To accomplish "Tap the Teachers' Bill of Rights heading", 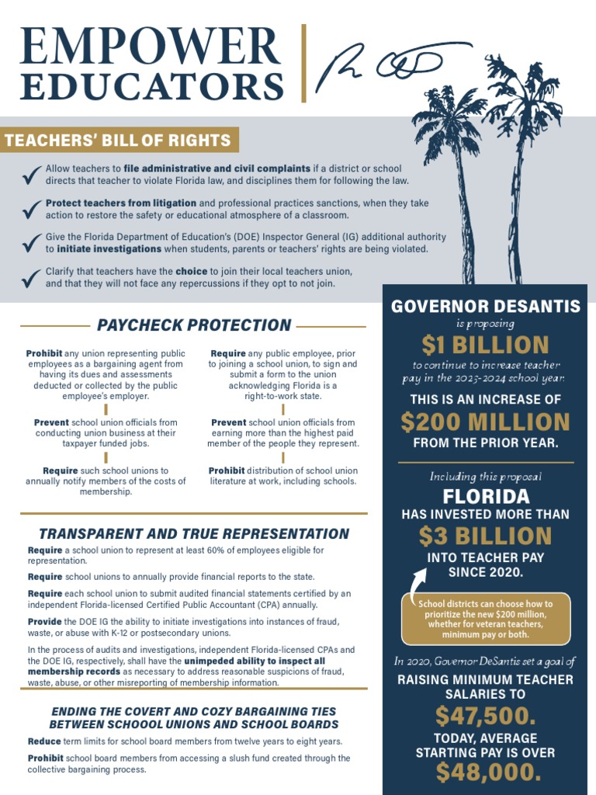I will tap(119, 141).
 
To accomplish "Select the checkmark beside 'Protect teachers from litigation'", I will tap(32, 209).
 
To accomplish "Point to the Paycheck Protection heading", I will tap(194, 325).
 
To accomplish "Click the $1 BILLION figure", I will tap(485, 344).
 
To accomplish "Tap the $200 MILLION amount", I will tap(485, 422).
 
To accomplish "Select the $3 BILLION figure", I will tap(485, 536).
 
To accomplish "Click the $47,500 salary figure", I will tap(485, 715).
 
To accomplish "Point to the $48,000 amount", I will tap(485, 772).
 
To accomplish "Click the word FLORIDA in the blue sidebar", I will tap(486, 496).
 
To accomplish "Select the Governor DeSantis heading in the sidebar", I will tap(485, 306).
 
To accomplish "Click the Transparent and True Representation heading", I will tap(194, 534).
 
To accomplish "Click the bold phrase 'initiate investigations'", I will tap(109, 249).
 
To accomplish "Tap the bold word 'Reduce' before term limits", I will tap(44, 741).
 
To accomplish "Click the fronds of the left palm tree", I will tap(451, 116).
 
